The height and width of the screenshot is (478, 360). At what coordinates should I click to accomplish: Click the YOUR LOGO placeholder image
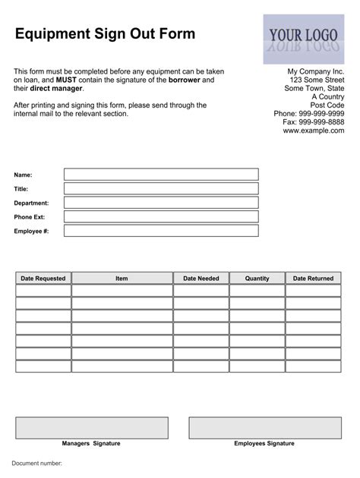[302, 39]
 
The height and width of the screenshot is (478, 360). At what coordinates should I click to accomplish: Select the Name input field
[161, 175]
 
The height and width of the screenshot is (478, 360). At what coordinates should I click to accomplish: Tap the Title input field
[161, 188]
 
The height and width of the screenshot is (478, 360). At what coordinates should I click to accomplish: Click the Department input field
[161, 203]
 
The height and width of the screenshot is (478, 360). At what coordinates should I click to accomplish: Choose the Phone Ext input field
[161, 217]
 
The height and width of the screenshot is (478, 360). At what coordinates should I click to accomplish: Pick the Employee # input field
[161, 231]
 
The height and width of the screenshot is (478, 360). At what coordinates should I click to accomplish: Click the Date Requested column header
[43, 278]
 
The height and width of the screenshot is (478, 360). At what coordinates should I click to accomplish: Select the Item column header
[122, 278]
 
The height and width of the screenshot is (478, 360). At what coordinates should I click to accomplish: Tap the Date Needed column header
[201, 278]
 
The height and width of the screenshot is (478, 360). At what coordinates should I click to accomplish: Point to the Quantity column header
[257, 278]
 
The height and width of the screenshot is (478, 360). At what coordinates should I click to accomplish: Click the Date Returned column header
[313, 278]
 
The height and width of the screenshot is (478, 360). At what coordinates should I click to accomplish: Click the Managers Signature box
[92, 428]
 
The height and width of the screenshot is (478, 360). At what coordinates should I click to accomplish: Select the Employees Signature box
[264, 428]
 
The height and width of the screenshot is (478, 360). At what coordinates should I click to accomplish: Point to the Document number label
[36, 463]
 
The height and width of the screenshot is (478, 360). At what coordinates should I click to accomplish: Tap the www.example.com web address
[314, 131]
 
